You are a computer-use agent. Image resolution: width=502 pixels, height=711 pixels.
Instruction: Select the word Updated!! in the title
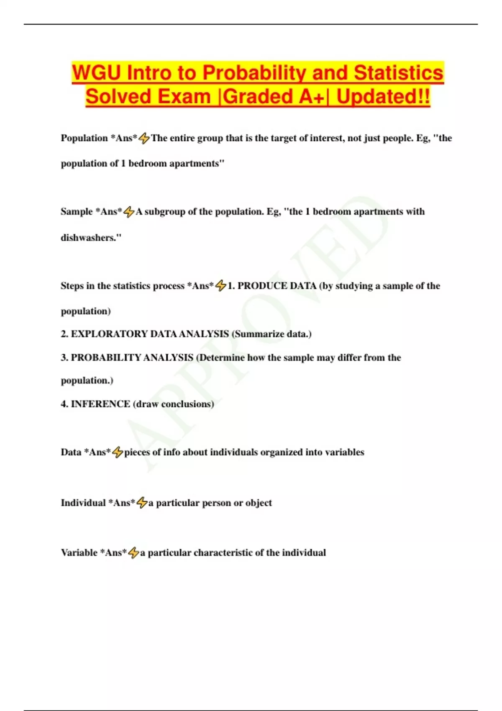383,97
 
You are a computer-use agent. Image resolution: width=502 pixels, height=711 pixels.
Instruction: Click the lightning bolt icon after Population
144,138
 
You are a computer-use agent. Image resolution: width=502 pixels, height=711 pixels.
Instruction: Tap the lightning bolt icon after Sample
129,212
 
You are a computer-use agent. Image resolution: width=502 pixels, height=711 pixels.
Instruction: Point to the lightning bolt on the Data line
118,452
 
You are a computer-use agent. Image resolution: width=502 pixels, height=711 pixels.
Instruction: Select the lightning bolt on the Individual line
142,503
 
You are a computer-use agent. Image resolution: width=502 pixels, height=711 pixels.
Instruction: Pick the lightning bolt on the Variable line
133,553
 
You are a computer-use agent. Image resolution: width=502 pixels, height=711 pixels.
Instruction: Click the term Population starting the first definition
84,138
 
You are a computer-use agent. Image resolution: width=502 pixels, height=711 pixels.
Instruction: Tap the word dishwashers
90,238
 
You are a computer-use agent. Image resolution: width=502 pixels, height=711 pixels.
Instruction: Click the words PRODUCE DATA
277,286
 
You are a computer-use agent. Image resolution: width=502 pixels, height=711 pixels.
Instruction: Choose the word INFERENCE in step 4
100,404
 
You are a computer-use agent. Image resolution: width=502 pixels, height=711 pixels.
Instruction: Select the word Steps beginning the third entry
72,286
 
